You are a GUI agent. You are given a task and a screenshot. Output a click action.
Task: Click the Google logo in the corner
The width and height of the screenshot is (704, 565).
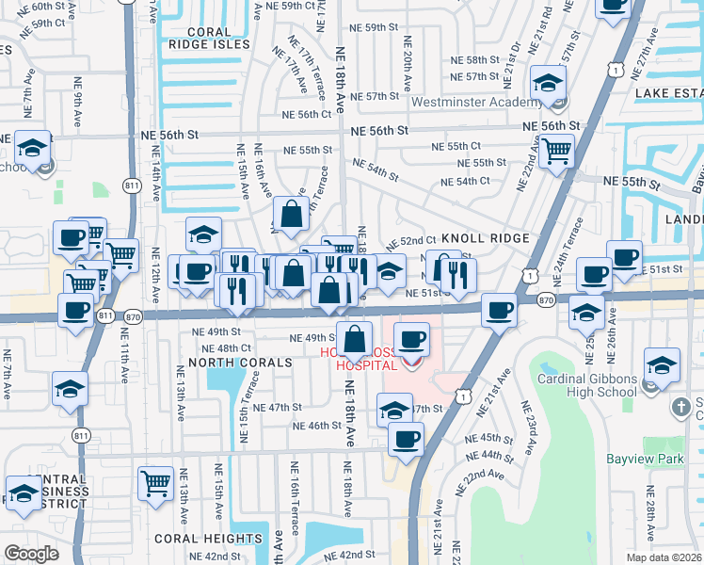click(31, 554)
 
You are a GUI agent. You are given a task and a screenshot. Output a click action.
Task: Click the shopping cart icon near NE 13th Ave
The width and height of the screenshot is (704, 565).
click(156, 484)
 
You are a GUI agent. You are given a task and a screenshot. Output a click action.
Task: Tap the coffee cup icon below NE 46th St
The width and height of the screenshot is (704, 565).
click(406, 438)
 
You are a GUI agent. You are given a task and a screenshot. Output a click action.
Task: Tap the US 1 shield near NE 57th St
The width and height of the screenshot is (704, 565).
click(614, 69)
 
